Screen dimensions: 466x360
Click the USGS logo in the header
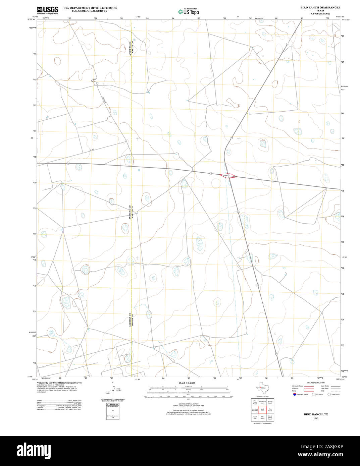click(x=47, y=10)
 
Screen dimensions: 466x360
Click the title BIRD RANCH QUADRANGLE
click(x=320, y=7)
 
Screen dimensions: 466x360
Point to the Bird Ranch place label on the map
click(x=93, y=80)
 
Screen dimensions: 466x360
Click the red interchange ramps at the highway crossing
click(x=228, y=175)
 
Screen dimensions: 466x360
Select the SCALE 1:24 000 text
click(x=187, y=383)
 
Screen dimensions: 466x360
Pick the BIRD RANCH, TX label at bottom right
click(x=316, y=414)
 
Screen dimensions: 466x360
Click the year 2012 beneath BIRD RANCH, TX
click(x=316, y=418)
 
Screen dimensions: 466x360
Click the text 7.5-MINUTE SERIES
click(x=320, y=14)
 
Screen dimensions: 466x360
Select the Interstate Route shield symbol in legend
click(x=294, y=395)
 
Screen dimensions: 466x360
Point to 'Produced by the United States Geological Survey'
click(x=59, y=383)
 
